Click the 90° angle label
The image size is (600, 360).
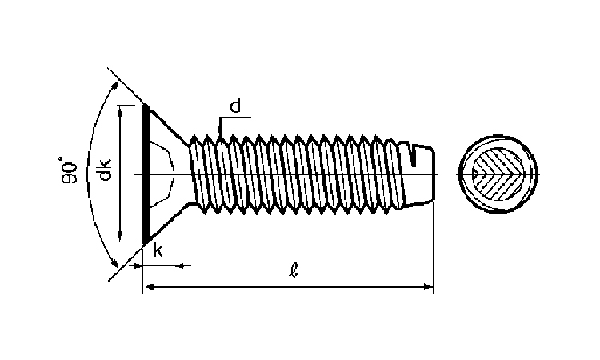point(69,170)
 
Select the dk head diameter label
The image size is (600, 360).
point(103,170)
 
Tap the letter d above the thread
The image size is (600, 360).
point(235,106)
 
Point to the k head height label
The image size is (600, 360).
point(158,250)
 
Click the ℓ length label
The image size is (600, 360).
point(293,270)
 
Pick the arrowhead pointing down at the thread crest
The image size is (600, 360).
point(220,130)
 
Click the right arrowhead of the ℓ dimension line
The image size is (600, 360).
point(427,286)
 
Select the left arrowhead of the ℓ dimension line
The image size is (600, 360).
point(149,286)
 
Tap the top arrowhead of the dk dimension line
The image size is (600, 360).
point(121,112)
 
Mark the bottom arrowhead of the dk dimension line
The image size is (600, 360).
point(121,235)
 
